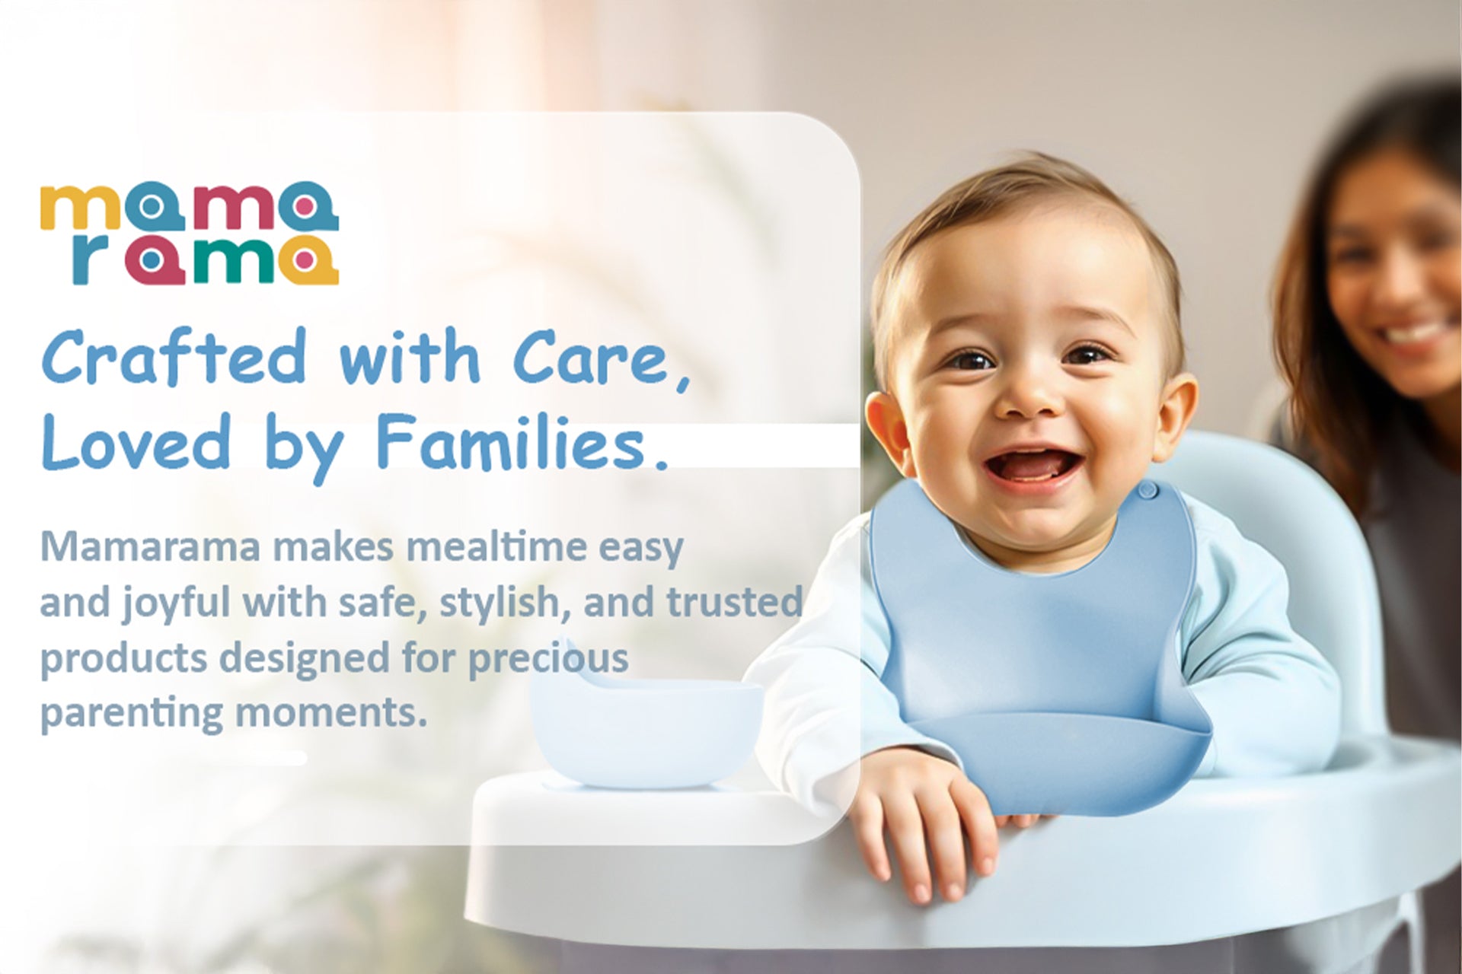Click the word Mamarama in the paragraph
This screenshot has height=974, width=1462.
pos(150,546)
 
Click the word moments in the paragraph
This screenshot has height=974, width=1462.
pos(331,713)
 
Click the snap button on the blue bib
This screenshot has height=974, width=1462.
pos(1148,492)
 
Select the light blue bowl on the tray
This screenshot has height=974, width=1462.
pos(646,730)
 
